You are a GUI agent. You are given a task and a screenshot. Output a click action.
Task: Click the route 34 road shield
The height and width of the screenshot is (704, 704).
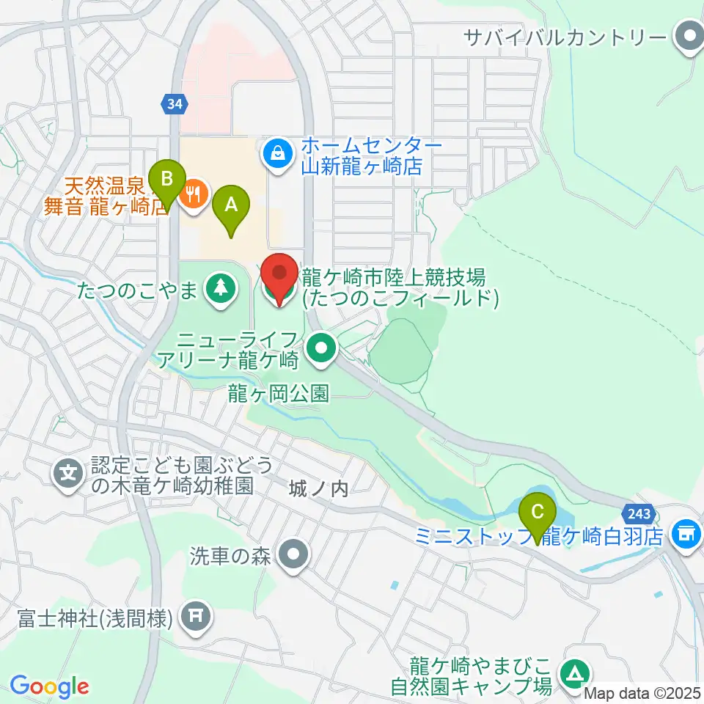[x=174, y=106]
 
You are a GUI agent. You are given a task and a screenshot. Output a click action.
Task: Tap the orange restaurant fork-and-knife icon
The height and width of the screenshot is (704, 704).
[x=194, y=195]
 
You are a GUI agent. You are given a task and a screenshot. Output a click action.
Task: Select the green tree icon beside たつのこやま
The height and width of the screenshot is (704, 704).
[x=218, y=287]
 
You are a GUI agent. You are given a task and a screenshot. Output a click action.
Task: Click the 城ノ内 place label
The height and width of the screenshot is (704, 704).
[x=318, y=488]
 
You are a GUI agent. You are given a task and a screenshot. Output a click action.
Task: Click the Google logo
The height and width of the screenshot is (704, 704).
[x=49, y=687]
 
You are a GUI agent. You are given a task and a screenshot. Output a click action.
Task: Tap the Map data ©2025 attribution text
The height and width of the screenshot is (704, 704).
[x=642, y=693]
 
